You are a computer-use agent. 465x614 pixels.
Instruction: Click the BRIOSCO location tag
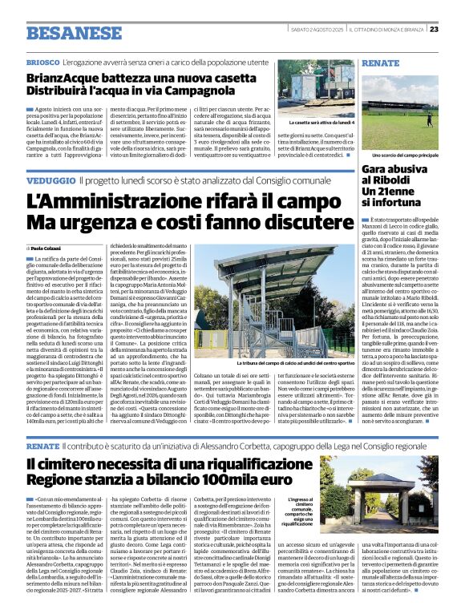click(42, 63)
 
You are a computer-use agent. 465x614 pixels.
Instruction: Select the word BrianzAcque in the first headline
click(62, 79)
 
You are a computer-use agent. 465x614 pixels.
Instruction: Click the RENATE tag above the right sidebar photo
click(380, 63)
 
